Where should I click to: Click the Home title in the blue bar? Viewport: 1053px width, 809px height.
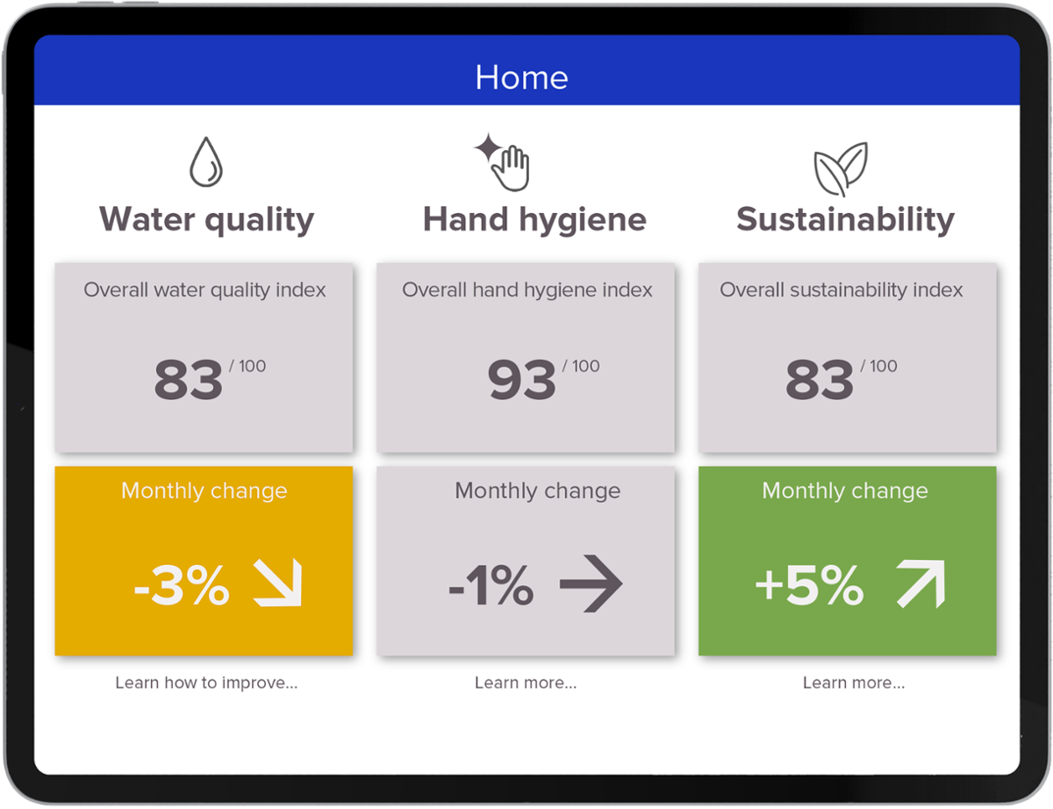(x=521, y=77)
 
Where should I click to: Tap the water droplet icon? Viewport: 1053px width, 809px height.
(x=206, y=162)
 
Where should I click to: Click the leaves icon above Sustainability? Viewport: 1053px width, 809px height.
(x=841, y=168)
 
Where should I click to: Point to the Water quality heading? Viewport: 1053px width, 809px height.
(x=206, y=219)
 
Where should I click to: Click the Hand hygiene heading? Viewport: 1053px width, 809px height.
(x=534, y=219)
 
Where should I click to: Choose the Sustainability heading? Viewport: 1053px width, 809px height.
(x=845, y=219)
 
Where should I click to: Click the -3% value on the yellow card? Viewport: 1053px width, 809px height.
(x=182, y=586)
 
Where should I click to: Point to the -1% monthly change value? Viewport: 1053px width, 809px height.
(x=491, y=586)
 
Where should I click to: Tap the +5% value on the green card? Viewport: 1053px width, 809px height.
(x=809, y=586)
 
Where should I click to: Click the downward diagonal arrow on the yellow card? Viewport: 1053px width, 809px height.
(x=277, y=583)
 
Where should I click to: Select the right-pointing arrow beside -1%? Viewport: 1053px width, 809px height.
(x=591, y=583)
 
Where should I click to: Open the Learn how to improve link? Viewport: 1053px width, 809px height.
(x=206, y=683)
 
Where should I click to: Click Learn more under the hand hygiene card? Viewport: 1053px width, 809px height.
(x=526, y=683)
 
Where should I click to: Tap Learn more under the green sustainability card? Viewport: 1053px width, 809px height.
(x=854, y=683)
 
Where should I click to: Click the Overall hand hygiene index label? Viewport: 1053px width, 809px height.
(x=527, y=290)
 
